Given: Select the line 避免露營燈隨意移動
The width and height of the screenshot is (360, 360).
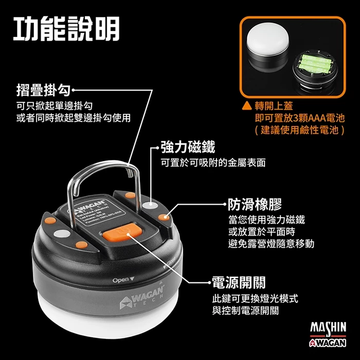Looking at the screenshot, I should tap(271, 243).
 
